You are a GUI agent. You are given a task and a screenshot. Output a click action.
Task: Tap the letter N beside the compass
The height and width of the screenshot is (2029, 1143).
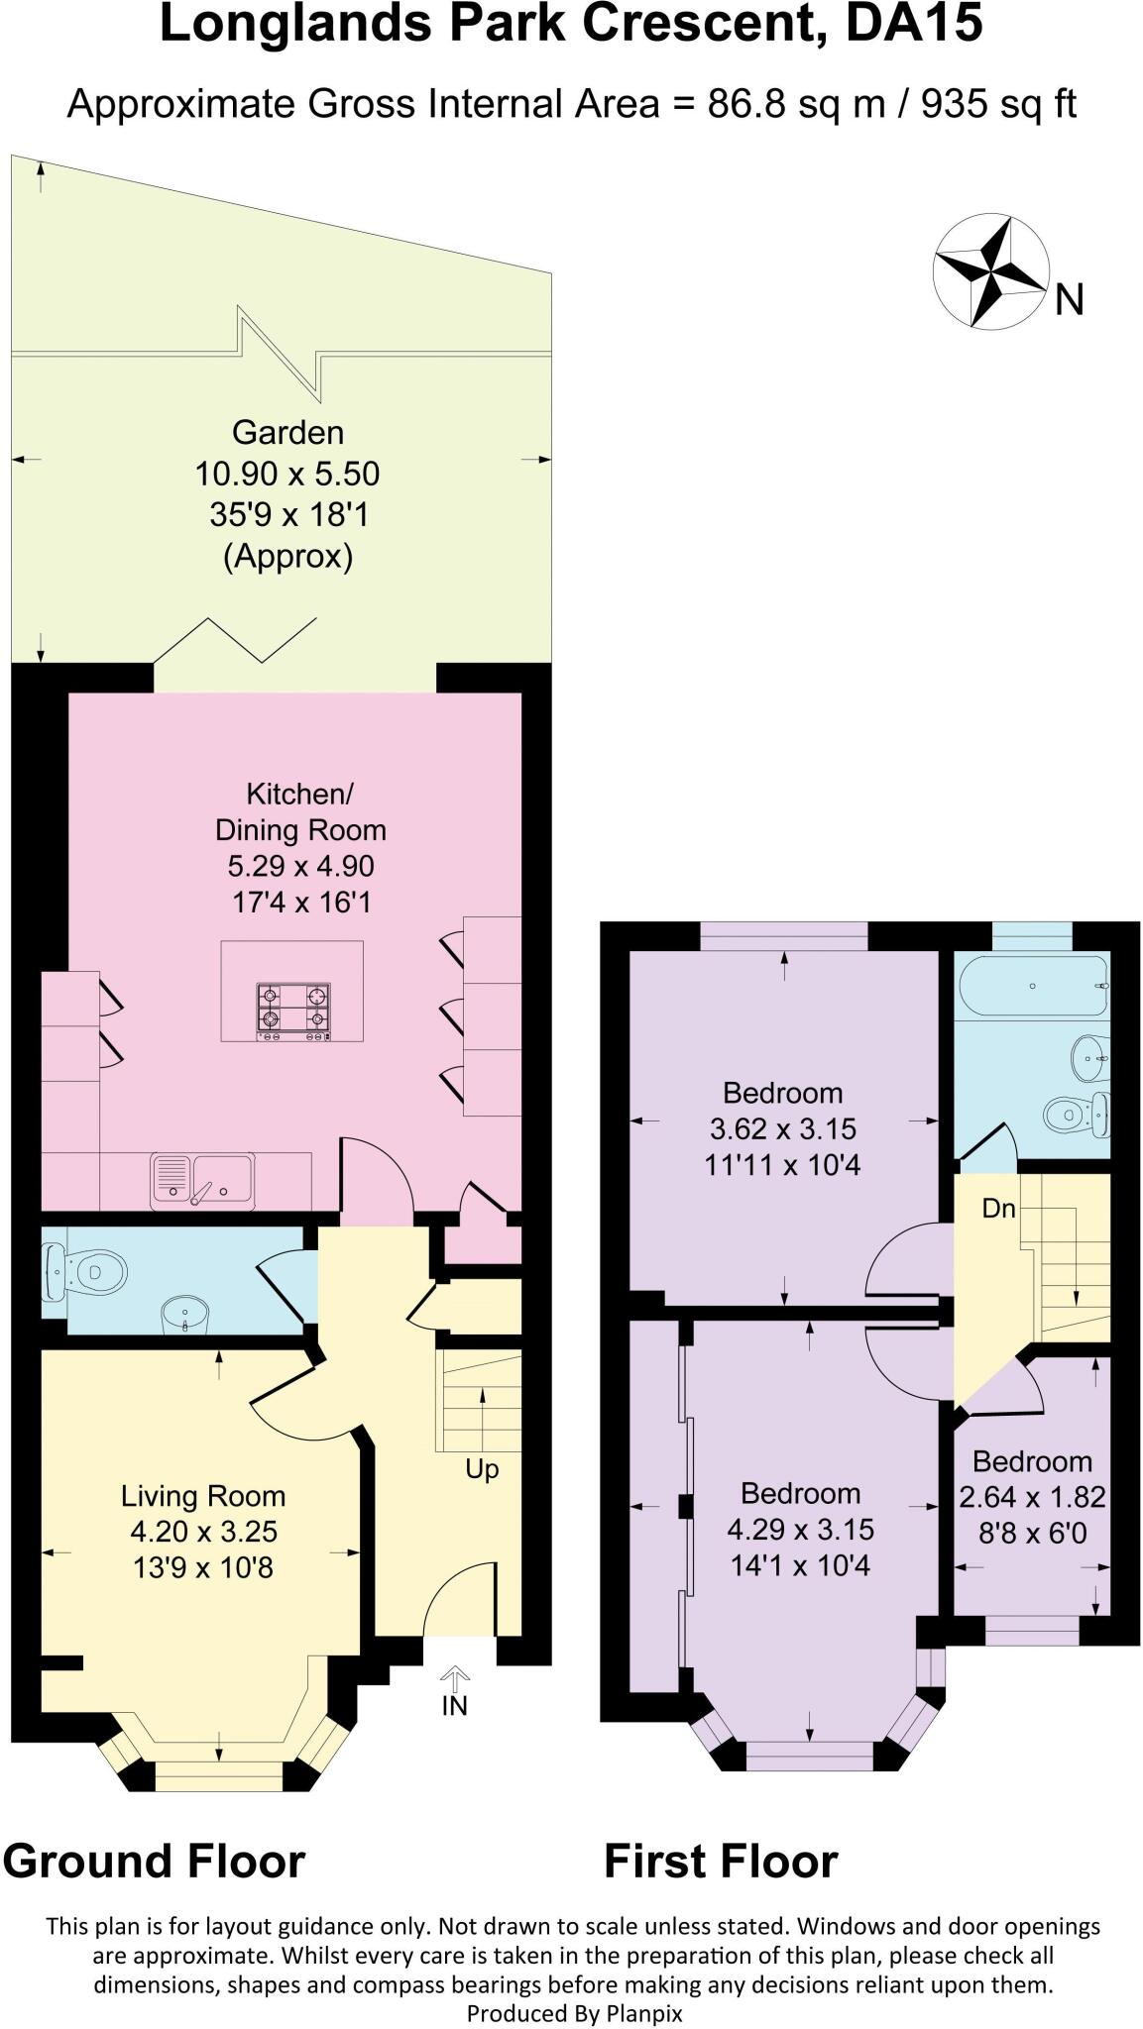[1069, 299]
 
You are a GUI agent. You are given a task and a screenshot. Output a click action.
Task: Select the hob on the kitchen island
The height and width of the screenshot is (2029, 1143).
[293, 1011]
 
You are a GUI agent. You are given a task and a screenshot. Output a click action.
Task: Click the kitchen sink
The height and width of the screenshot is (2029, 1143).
[202, 1180]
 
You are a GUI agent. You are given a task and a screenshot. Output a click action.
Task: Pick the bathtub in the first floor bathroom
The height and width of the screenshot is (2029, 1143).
[1031, 986]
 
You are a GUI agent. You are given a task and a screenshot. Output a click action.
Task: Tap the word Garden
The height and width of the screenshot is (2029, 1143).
[287, 433]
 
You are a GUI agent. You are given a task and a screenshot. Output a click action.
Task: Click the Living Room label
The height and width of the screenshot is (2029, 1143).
[203, 1496]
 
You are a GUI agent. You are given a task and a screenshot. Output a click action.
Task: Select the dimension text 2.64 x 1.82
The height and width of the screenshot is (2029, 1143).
[1032, 1497]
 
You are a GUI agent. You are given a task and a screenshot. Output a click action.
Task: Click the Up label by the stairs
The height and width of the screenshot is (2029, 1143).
[482, 1469]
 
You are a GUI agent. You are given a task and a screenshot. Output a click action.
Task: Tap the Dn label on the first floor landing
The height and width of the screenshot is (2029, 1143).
[998, 1209]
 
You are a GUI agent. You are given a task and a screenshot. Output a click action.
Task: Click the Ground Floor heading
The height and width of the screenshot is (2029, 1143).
[154, 1861]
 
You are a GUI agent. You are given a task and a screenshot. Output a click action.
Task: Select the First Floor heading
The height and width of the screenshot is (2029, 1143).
[721, 1861]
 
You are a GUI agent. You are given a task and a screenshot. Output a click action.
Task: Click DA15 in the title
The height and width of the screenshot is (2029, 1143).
[913, 24]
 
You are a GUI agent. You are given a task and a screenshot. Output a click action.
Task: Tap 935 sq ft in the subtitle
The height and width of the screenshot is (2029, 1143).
[998, 103]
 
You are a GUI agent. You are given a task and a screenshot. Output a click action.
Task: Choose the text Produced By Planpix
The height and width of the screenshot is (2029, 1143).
[574, 2013]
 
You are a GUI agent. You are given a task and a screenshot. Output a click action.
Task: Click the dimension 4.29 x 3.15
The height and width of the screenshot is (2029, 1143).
[800, 1530]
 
